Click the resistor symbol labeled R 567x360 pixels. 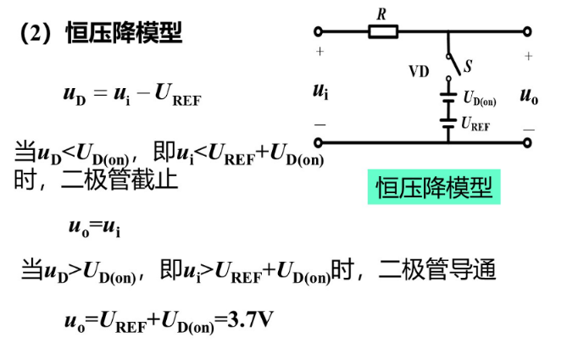pos(383,31)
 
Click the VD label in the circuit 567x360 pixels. pos(419,71)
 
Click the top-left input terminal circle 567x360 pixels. pos(319,32)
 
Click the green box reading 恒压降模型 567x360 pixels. pos(434,187)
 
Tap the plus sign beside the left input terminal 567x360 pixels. pos(320,52)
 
